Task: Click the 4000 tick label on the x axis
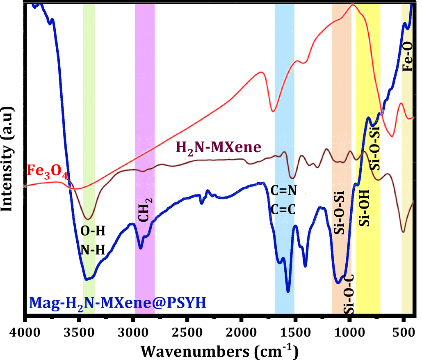tap(25, 331)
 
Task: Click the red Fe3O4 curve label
tap(46, 170)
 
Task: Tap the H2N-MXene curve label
tap(219, 147)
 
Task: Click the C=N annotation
tap(283, 191)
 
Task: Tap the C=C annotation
tap(283, 209)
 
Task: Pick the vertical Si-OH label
tap(364, 208)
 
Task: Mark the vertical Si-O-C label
tap(349, 296)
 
